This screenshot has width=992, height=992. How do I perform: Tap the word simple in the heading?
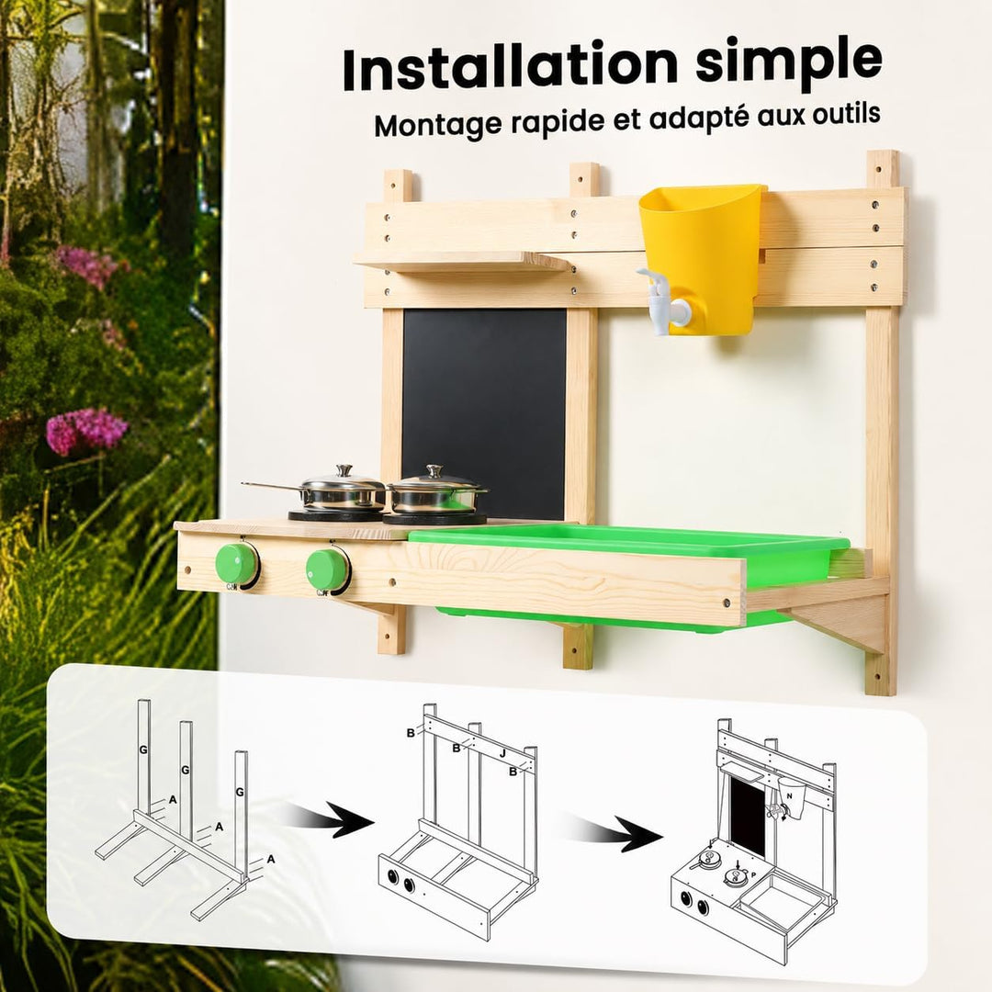(x=789, y=62)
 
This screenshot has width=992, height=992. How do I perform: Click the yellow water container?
(x=705, y=257)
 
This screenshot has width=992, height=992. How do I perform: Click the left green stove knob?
(x=237, y=564)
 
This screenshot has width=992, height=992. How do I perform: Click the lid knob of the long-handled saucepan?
(x=344, y=470)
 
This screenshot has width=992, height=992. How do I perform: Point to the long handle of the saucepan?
(x=272, y=486)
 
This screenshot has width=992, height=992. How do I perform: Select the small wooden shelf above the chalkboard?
(x=461, y=261)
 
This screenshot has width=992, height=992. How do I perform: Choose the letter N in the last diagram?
(x=789, y=795)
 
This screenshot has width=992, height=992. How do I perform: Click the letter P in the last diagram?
(x=753, y=874)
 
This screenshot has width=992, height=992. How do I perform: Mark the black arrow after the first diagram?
(x=329, y=821)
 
